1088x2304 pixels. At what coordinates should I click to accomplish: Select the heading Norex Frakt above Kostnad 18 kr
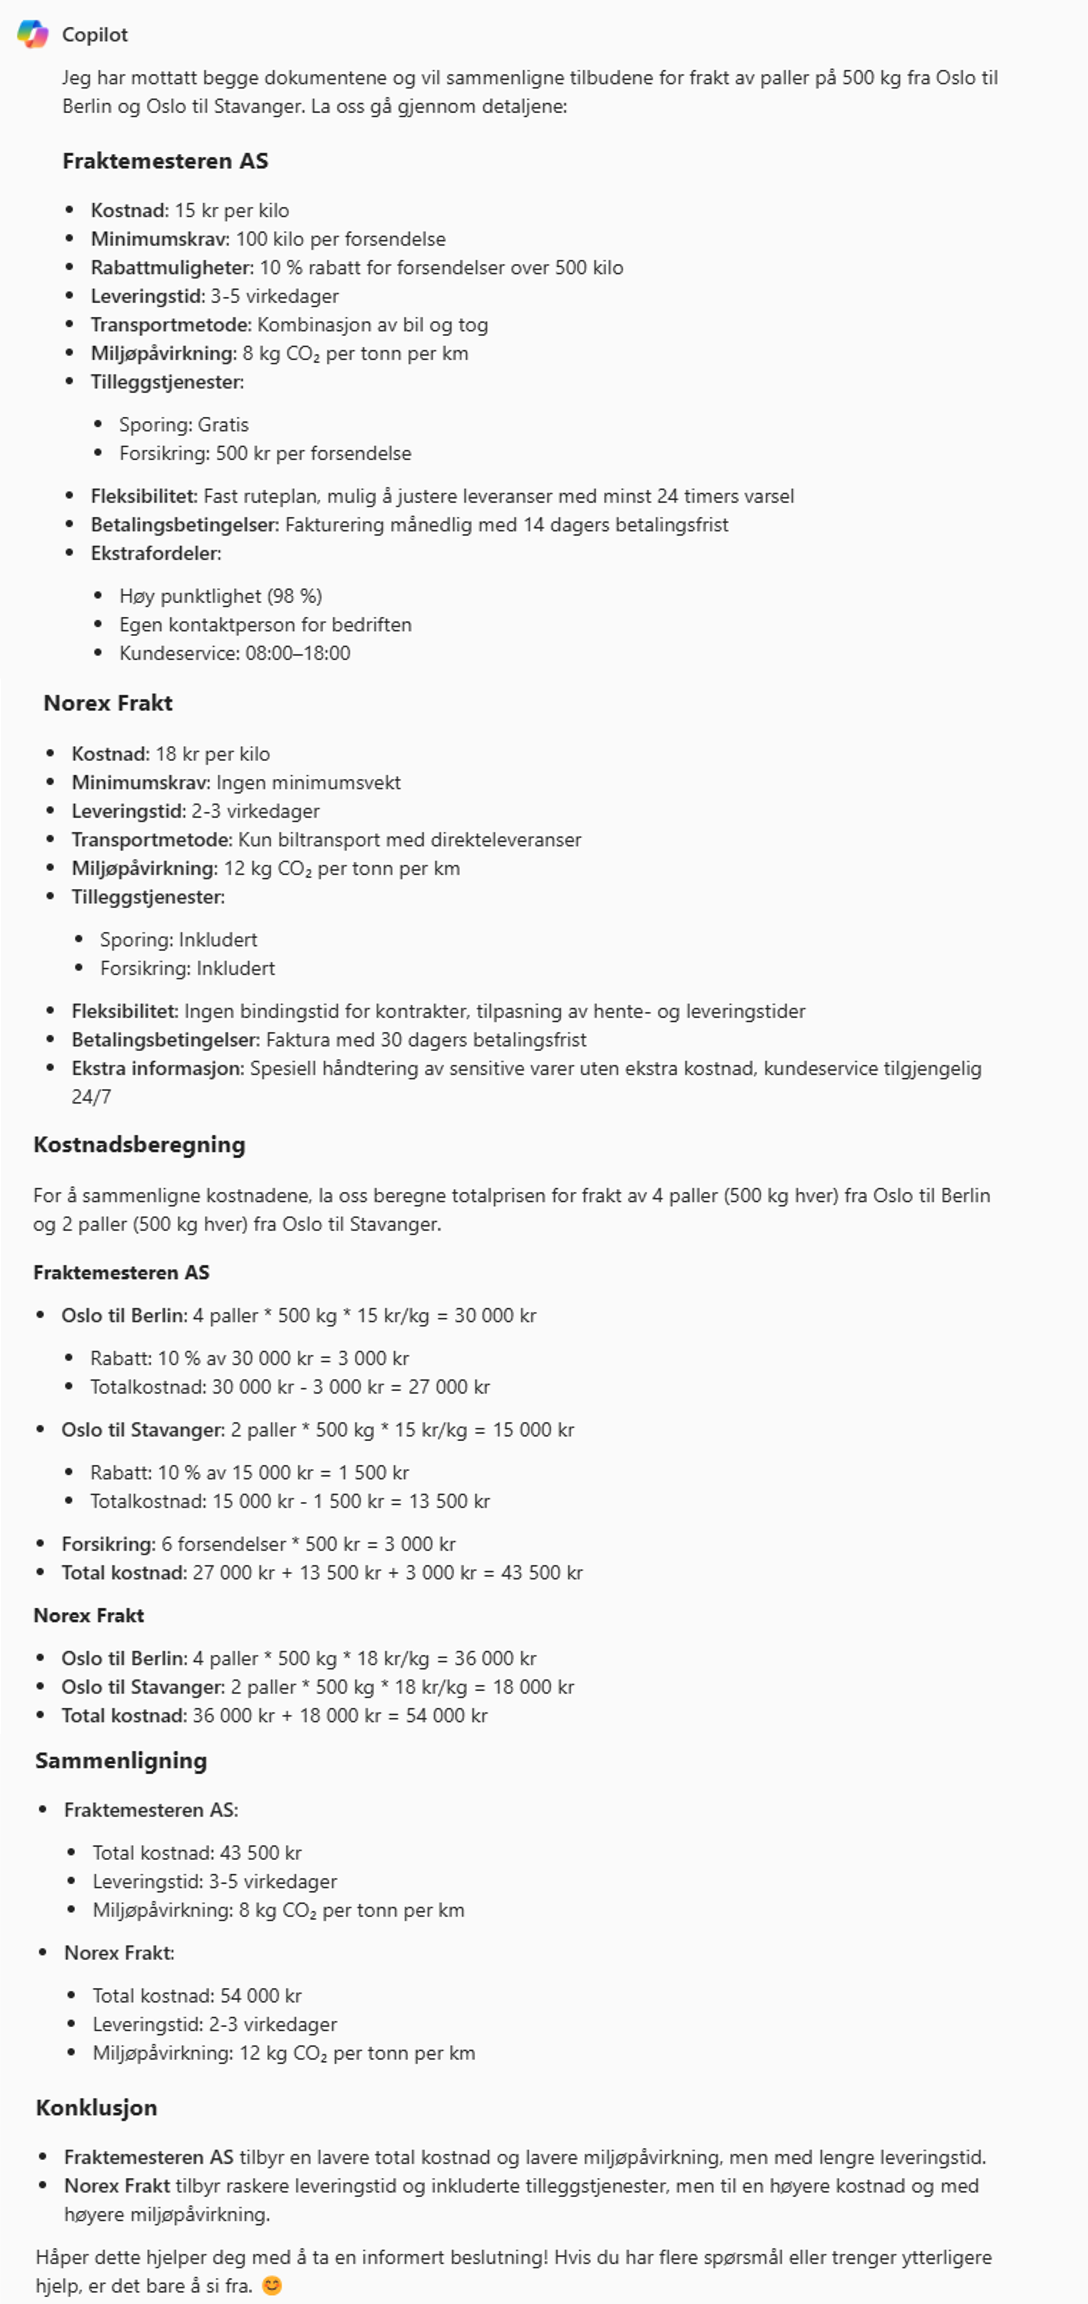pyautogui.click(x=107, y=703)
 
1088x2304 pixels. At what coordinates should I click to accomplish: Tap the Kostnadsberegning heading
pyautogui.click(x=139, y=1145)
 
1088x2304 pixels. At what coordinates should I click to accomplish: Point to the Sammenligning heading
pyautogui.click(x=121, y=1760)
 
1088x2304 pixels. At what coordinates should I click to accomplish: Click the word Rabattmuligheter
pyautogui.click(x=172, y=268)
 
